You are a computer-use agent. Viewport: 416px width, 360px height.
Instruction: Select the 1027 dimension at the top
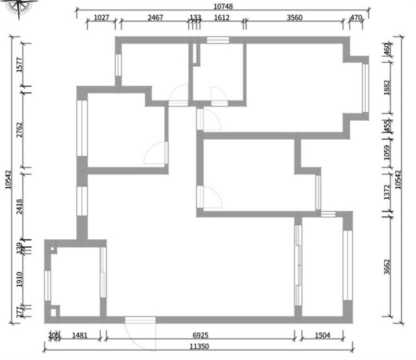(x=101, y=18)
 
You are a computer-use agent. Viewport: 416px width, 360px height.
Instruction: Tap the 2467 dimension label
(x=155, y=18)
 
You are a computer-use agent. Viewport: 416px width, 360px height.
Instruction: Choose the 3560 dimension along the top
(x=294, y=18)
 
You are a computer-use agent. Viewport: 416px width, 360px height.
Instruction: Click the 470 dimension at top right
(x=356, y=18)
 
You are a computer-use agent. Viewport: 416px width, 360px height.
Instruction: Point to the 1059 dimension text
(x=387, y=152)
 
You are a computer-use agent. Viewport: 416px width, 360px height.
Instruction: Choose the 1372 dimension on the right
(x=387, y=191)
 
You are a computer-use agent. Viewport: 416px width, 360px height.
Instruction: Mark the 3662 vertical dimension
(x=387, y=267)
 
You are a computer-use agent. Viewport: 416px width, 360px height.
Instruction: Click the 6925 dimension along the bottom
(x=201, y=335)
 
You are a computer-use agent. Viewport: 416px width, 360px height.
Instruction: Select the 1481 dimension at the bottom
(x=80, y=335)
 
